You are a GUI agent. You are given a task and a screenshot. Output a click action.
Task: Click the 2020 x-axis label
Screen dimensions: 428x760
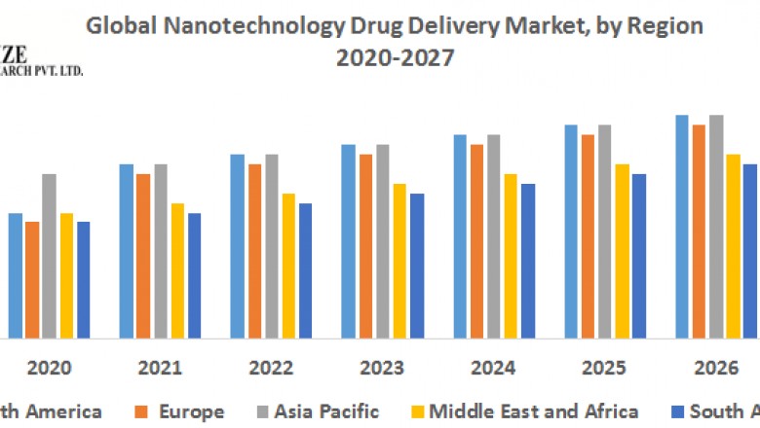tap(49, 369)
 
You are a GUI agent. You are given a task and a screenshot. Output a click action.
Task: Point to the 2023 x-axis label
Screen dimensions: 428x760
tap(382, 369)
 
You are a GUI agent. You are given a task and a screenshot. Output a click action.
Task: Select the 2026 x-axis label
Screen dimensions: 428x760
tap(715, 369)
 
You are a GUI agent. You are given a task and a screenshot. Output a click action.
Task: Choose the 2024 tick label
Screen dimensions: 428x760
tap(493, 369)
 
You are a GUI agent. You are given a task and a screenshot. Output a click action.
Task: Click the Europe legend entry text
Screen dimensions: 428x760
tap(191, 411)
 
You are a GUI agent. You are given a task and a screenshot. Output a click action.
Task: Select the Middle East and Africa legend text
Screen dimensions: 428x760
tap(534, 411)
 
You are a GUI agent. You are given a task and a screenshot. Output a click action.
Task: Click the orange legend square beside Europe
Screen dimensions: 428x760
tap(141, 412)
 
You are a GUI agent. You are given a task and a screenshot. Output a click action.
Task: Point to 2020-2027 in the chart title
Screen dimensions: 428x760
tap(395, 57)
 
